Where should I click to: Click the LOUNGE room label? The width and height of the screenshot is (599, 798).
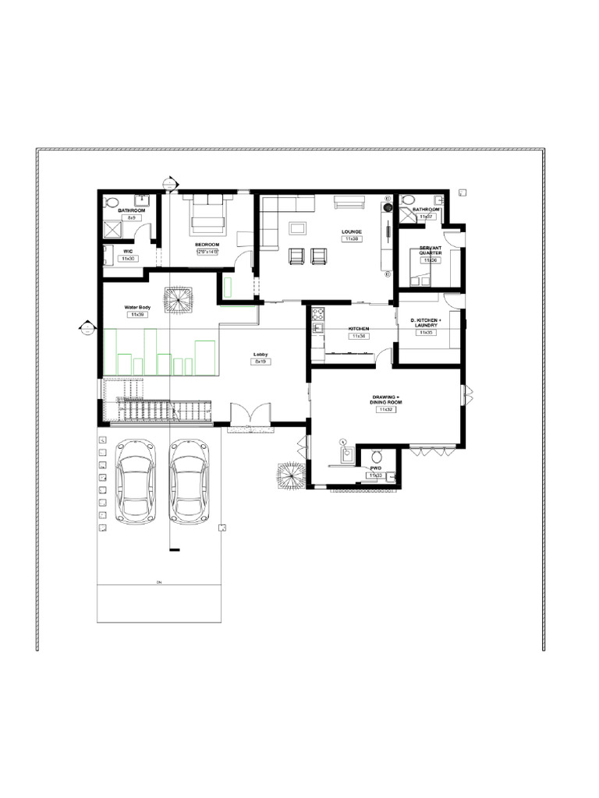(x=351, y=231)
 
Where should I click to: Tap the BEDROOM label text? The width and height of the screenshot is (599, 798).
(x=207, y=245)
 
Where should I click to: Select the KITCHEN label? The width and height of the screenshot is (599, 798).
(x=358, y=329)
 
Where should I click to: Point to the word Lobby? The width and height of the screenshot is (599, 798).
(x=261, y=355)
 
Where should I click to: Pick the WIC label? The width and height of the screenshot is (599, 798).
(x=127, y=251)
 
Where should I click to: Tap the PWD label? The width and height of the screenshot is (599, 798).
(x=375, y=468)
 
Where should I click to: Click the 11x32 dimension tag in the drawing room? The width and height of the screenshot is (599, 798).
(x=385, y=409)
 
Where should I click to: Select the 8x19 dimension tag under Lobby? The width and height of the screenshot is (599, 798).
(x=261, y=362)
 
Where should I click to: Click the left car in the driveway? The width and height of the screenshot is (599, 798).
(x=134, y=480)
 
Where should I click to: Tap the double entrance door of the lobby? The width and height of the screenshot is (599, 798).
(x=250, y=413)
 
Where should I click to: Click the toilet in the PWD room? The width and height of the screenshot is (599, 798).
(x=375, y=457)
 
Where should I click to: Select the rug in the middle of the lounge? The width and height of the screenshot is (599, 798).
(x=297, y=228)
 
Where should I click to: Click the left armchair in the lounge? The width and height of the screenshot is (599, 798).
(x=297, y=256)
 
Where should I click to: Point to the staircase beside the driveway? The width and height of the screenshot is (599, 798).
(x=164, y=410)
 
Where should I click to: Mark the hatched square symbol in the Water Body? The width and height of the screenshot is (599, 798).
(x=178, y=299)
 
